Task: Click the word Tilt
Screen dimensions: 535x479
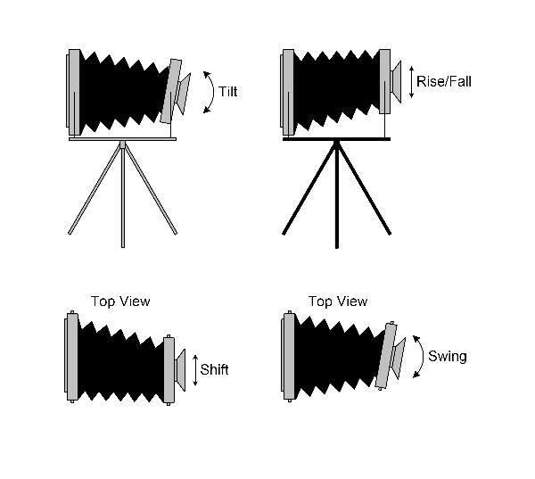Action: (227, 92)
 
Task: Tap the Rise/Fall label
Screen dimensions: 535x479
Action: (444, 81)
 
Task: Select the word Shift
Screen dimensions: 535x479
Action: (214, 370)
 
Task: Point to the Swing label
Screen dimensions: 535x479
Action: (448, 356)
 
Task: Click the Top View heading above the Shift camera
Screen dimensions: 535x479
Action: (120, 301)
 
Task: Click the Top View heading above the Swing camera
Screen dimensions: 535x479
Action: (338, 301)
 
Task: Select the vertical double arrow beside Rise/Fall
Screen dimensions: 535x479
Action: (411, 82)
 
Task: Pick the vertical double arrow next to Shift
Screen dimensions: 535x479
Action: (195, 370)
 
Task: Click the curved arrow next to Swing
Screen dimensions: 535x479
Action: (423, 356)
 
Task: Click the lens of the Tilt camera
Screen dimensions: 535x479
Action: (183, 94)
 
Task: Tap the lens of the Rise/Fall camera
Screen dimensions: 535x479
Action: (396, 82)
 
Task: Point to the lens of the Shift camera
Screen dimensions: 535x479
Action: (180, 370)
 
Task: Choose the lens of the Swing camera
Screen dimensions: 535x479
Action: (399, 358)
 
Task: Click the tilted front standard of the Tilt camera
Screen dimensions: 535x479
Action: (171, 91)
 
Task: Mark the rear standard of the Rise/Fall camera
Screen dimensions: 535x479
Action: (288, 92)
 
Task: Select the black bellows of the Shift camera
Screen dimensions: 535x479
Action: (121, 361)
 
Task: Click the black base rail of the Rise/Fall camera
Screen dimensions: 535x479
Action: (337, 139)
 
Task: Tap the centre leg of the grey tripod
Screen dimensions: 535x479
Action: (123, 194)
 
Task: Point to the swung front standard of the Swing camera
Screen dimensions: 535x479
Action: (387, 357)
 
